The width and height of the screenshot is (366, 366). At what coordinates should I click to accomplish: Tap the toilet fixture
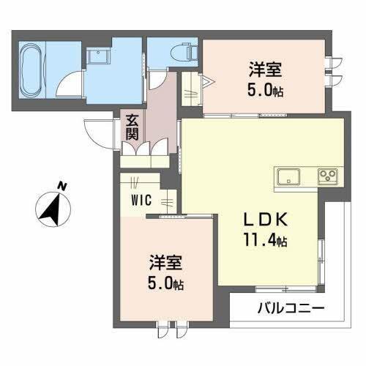coord(180,51)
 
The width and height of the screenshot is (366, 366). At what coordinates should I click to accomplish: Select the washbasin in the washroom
coord(97,55)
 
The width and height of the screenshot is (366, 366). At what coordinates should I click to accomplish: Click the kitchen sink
coord(288,176)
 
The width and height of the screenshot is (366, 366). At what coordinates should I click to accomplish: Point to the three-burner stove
coord(326,176)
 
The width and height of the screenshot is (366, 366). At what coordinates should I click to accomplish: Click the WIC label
coord(142,199)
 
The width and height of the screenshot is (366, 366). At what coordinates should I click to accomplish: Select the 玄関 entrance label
coord(132,127)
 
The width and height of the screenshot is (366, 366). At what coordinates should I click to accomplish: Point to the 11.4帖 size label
coord(260,239)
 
